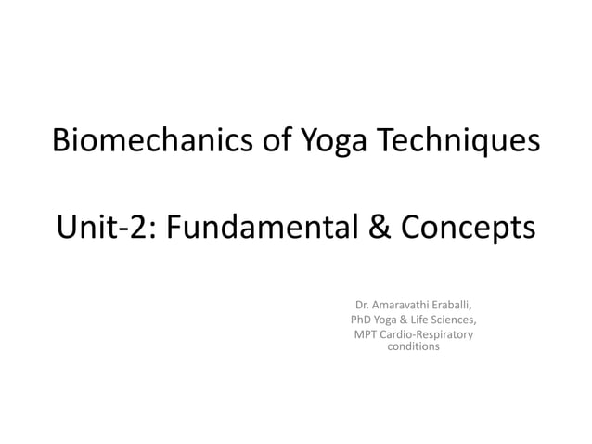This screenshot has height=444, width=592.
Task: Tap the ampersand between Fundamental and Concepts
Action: (374, 226)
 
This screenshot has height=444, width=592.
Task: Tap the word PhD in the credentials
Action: (360, 320)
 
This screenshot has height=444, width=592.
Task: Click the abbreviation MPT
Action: (364, 334)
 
